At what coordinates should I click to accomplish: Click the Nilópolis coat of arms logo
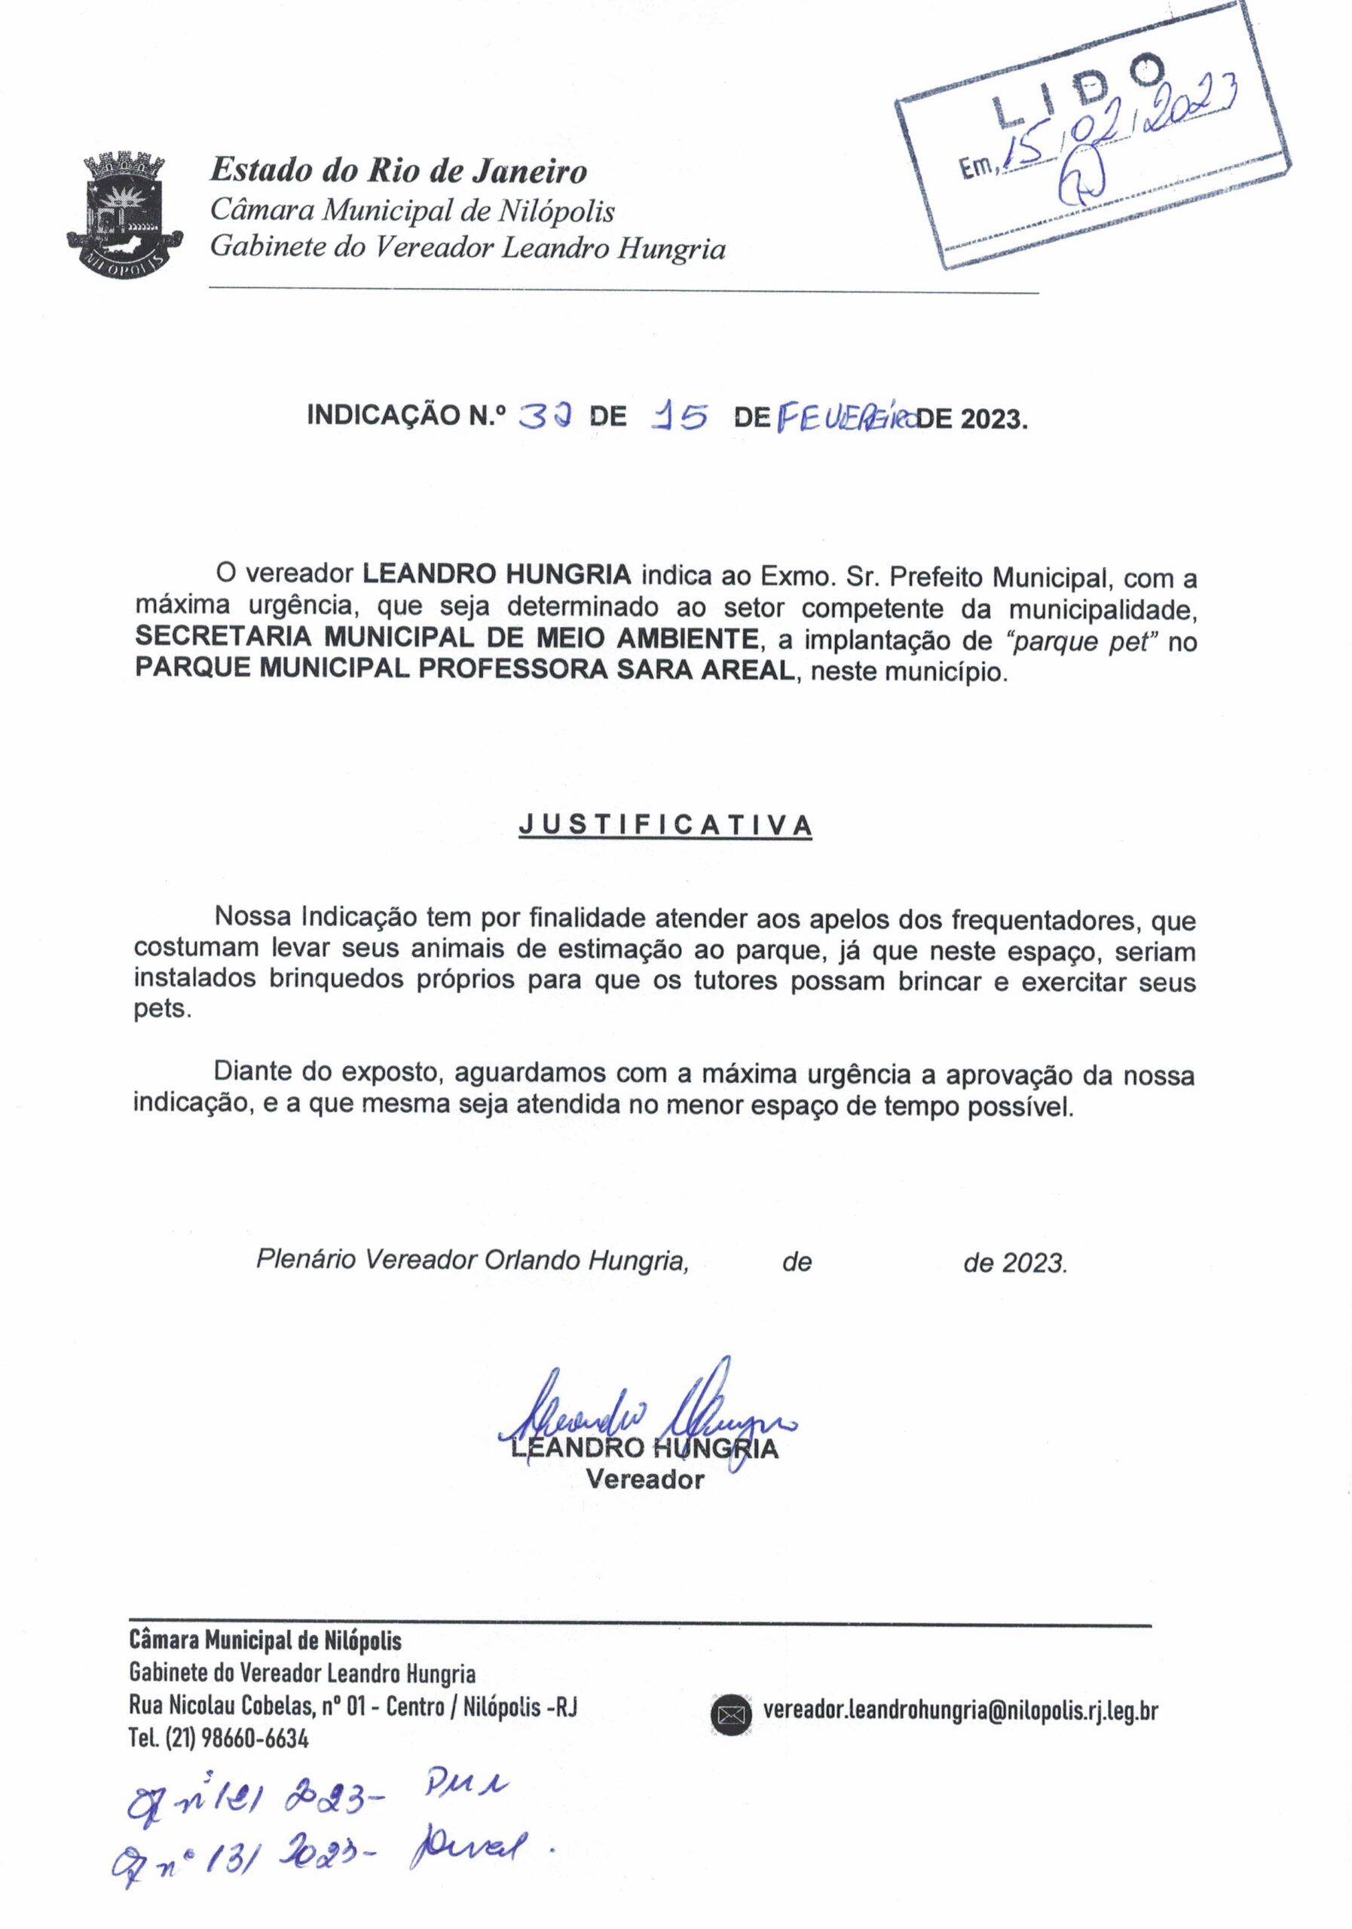[x=124, y=211]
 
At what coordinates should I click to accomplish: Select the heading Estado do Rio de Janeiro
[x=397, y=170]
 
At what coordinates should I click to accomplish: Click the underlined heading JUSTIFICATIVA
[x=665, y=825]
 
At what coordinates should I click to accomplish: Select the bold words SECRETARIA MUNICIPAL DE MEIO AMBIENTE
[x=446, y=638]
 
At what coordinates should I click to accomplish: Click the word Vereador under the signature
[x=644, y=1479]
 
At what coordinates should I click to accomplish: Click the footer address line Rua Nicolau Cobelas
[x=353, y=1707]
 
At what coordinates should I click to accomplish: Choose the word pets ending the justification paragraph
[x=161, y=1010]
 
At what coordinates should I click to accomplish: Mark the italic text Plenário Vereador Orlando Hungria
[x=473, y=1260]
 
